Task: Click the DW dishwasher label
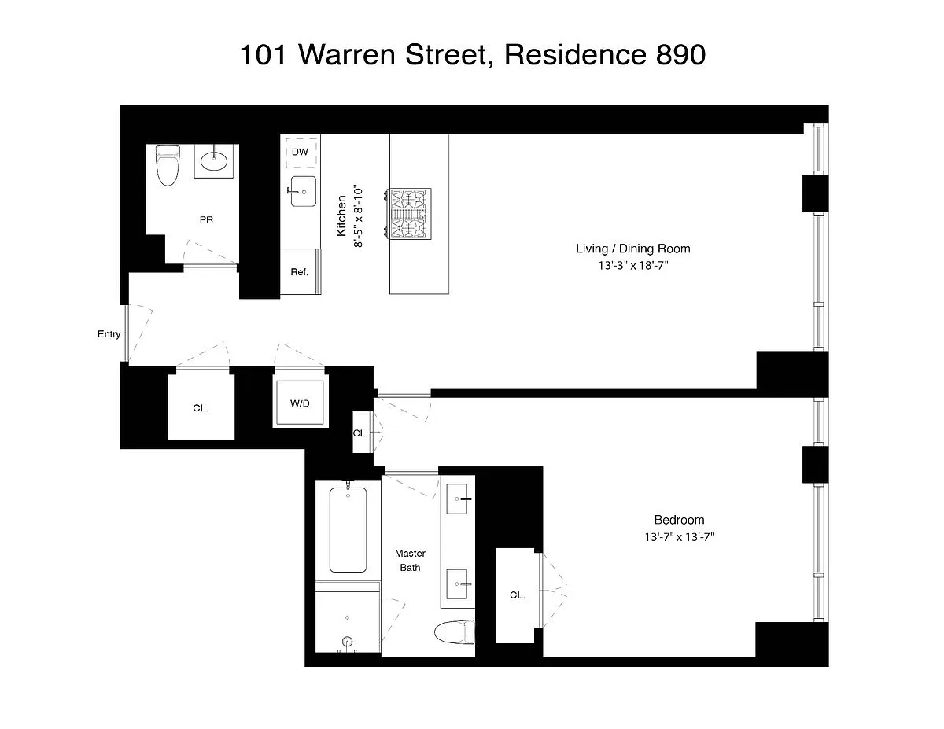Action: [x=300, y=152]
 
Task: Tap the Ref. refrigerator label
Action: [x=299, y=272]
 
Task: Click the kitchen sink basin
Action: [x=303, y=191]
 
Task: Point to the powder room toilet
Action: [x=168, y=165]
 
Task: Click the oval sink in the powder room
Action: [x=214, y=161]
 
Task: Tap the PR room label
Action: [x=206, y=220]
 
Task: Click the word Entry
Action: [x=109, y=334]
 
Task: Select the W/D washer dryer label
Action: [x=300, y=403]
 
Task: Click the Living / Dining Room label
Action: [x=633, y=249]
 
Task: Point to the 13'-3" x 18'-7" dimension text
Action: [x=633, y=265]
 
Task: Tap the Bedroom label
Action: [x=679, y=520]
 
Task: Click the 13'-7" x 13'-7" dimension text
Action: [x=680, y=538]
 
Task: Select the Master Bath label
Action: [x=410, y=561]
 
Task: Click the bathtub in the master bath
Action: [x=348, y=530]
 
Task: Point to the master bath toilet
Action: [x=455, y=632]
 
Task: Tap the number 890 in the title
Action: [x=680, y=55]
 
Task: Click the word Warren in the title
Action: [x=347, y=55]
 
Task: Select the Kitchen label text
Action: [x=341, y=215]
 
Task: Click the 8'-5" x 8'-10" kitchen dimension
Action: [x=358, y=217]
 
